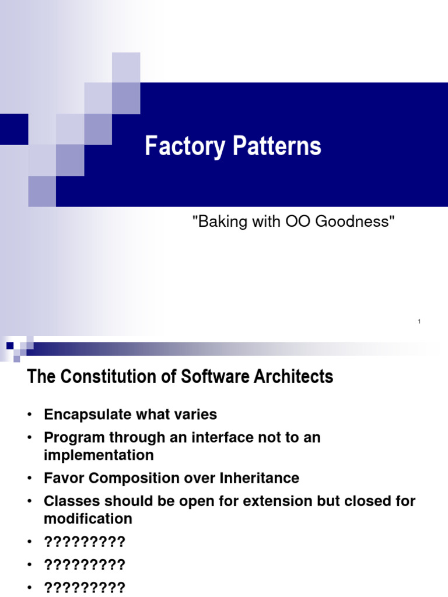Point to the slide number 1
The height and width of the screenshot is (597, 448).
pyautogui.click(x=419, y=322)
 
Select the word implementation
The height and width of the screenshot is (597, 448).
pyautogui.click(x=99, y=455)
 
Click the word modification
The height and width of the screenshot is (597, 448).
pyautogui.click(x=88, y=518)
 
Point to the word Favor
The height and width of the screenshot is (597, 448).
pyautogui.click(x=61, y=478)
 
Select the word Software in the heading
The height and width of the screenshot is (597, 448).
pyautogui.click(x=213, y=377)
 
